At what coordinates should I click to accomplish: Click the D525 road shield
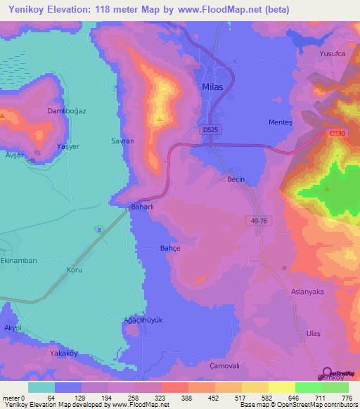(x=209, y=130)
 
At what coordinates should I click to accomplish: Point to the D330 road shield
(x=337, y=133)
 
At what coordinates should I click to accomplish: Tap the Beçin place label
(x=236, y=179)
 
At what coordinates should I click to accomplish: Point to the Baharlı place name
(x=143, y=207)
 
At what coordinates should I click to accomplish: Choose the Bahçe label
(x=171, y=248)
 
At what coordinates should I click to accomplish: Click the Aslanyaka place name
(x=307, y=291)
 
